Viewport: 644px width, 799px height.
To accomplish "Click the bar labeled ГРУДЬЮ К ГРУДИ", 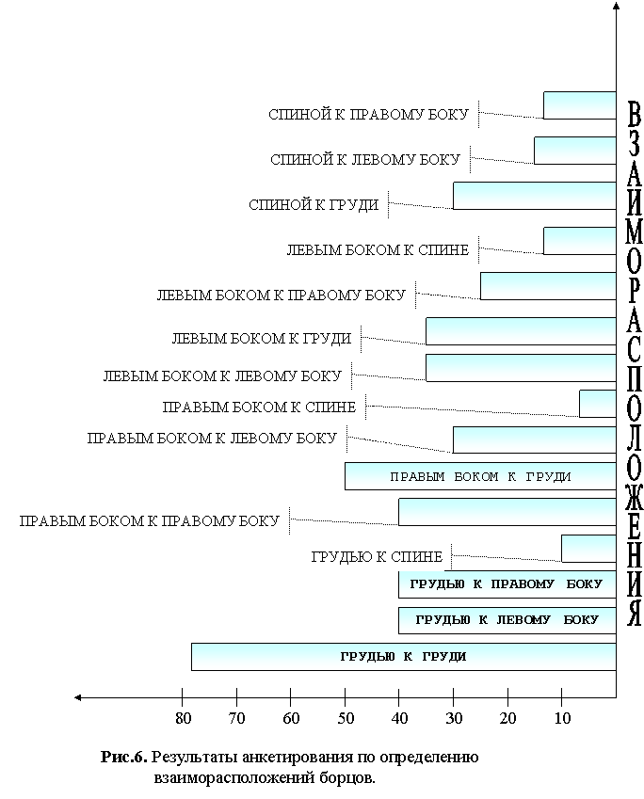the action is [x=403, y=657].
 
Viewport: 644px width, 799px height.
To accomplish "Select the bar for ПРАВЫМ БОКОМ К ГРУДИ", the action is [x=480, y=476].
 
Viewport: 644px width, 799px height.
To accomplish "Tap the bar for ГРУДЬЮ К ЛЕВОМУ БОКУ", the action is [x=507, y=620].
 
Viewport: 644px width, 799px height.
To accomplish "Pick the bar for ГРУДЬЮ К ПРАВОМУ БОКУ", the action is [x=507, y=584].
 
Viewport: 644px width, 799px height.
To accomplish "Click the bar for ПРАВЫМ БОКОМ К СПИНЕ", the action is [x=598, y=404].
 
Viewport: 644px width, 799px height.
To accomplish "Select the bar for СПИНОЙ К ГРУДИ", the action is [x=535, y=196].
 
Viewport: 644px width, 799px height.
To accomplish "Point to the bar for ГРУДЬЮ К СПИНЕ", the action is [x=589, y=549].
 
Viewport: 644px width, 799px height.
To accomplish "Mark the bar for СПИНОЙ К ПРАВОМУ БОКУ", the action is [x=580, y=105].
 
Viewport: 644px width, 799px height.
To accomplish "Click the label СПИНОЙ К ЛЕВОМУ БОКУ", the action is [x=365, y=160].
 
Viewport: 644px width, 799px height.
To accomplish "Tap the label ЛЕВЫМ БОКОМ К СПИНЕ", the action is [x=378, y=250].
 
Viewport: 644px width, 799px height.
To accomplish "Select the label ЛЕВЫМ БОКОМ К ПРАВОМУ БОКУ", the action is [x=281, y=296].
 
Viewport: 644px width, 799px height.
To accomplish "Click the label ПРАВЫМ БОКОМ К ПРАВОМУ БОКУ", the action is [x=150, y=520].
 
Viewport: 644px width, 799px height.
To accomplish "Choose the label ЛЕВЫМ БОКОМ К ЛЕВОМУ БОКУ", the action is [x=222, y=376].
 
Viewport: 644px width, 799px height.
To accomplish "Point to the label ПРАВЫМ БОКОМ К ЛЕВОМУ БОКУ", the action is [x=212, y=439].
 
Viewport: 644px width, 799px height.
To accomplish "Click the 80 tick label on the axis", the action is [x=183, y=718].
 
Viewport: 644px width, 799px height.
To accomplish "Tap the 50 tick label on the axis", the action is [x=346, y=718].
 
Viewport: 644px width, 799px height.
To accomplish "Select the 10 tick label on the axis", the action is [x=562, y=718].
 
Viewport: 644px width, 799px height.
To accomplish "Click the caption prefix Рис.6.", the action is [x=124, y=758].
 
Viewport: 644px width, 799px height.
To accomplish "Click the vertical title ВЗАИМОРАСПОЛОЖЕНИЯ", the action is [x=634, y=363].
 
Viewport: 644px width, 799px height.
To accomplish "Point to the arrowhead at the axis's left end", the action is [x=77, y=697].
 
